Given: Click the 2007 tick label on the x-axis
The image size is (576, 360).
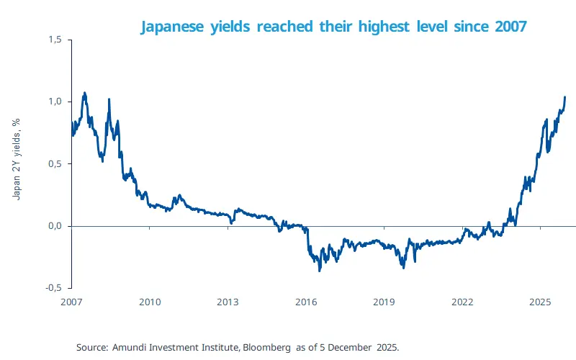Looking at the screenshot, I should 71,302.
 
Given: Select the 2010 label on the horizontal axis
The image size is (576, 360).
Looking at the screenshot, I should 149,302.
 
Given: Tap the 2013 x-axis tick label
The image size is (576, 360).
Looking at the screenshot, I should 228,302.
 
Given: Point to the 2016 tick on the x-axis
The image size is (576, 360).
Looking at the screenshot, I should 306,302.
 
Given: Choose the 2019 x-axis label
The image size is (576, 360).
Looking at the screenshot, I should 384,302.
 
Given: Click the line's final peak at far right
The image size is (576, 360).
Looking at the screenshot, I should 564,97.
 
